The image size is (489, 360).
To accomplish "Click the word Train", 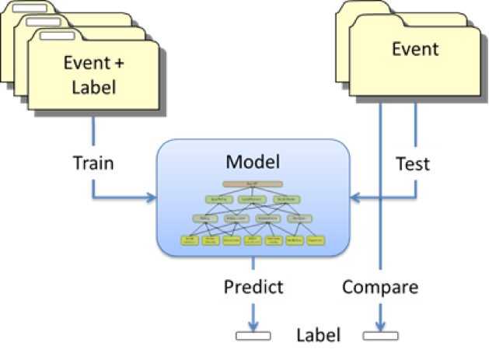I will point(93,163).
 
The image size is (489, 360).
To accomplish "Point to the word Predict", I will point(253,287).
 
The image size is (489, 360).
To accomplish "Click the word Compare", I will point(381,287).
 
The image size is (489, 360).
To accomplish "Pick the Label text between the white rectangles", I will point(319,336).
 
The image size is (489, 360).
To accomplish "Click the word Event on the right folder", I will point(415,49).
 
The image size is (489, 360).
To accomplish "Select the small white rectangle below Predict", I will point(253,336).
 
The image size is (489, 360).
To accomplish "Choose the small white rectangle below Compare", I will point(381,336).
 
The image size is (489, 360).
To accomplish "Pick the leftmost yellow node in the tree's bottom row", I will point(190,241).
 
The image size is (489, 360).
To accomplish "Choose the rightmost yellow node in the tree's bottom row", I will point(315,241).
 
